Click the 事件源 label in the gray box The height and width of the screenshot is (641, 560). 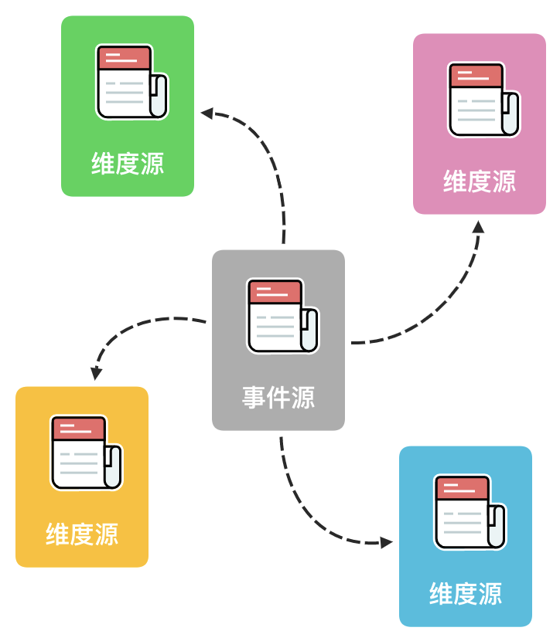tap(278, 398)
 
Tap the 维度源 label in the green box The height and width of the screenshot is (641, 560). tap(128, 164)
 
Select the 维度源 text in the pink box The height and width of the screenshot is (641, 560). tap(480, 181)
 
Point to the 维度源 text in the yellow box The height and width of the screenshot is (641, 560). tap(82, 534)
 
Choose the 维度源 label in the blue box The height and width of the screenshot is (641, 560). tap(466, 594)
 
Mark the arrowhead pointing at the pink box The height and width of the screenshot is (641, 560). tap(479, 226)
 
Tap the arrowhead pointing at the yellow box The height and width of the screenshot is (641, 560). tap(96, 374)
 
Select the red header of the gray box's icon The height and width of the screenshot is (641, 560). tap(275, 291)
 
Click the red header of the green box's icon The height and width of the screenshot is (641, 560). tap(124, 57)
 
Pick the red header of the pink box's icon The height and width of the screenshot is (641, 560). tap(476, 75)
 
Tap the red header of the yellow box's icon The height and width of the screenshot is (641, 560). tap(78, 428)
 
